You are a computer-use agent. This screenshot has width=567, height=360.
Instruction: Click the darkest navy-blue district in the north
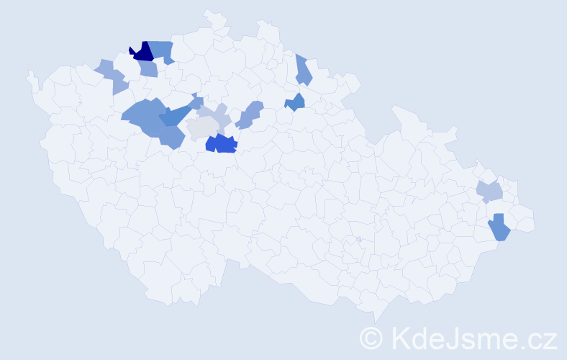click(x=142, y=52)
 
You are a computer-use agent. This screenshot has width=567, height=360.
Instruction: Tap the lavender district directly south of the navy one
click(x=148, y=69)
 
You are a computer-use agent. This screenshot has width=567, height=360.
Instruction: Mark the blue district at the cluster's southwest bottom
click(x=172, y=136)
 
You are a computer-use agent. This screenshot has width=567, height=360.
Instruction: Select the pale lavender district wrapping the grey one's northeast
click(x=217, y=115)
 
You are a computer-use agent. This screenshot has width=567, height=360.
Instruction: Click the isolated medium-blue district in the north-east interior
click(x=295, y=102)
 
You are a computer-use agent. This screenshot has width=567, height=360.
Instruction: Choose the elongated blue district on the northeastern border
click(x=303, y=70)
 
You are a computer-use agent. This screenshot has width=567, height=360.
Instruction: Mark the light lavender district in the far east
click(x=489, y=192)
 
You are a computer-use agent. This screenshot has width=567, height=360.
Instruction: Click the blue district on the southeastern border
click(x=499, y=228)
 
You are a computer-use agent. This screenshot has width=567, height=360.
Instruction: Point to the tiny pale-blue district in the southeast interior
click(x=358, y=239)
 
